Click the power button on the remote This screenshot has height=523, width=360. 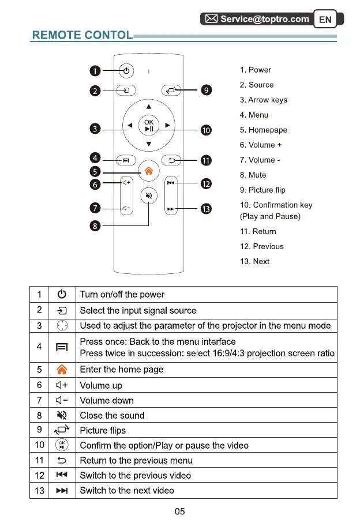pyautogui.click(x=126, y=71)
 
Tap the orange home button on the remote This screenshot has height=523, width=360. pyautogui.click(x=149, y=171)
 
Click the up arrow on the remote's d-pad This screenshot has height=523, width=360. pyautogui.click(x=149, y=107)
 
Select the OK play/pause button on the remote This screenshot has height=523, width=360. pyautogui.click(x=149, y=125)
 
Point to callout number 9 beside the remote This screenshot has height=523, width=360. pyautogui.click(x=207, y=90)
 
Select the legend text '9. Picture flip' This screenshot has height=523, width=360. pyautogui.click(x=262, y=190)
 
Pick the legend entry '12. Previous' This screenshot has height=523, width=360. pyautogui.click(x=262, y=246)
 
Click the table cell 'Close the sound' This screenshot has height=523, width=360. pyautogui.click(x=112, y=415)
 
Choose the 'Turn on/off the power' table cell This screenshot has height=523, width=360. pyautogui.click(x=122, y=295)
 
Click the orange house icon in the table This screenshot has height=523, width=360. pyautogui.click(x=62, y=370)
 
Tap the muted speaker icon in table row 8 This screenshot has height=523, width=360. pyautogui.click(x=62, y=415)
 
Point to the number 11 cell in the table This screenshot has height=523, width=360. pyautogui.click(x=39, y=460)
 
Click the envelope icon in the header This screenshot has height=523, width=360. pyautogui.click(x=212, y=19)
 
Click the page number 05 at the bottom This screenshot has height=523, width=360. pyautogui.click(x=179, y=511)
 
